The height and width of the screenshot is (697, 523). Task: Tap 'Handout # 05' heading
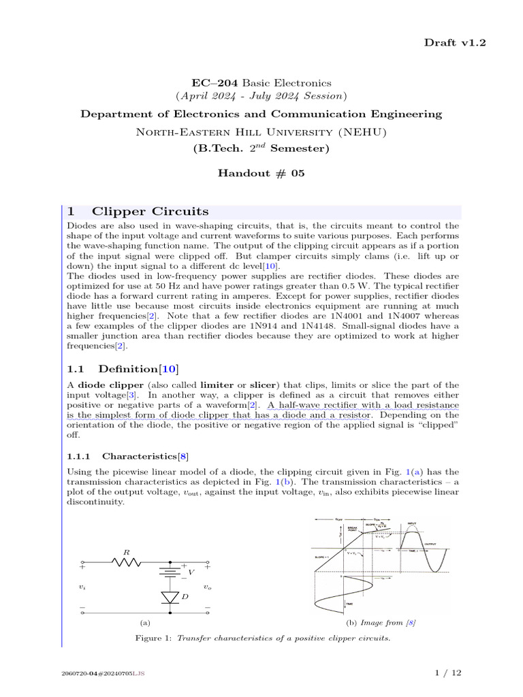coord(261,173)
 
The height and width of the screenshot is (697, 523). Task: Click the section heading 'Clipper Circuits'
coord(150,211)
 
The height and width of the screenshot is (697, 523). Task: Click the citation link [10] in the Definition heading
coord(168,369)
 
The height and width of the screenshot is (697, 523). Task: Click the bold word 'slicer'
coord(263,385)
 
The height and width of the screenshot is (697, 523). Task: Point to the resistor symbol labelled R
coord(127,562)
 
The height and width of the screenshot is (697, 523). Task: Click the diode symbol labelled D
coord(170,596)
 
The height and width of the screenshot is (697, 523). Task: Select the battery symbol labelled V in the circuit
coord(170,572)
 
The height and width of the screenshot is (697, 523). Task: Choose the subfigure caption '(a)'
coord(144,622)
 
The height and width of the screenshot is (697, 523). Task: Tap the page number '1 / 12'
coord(448,673)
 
